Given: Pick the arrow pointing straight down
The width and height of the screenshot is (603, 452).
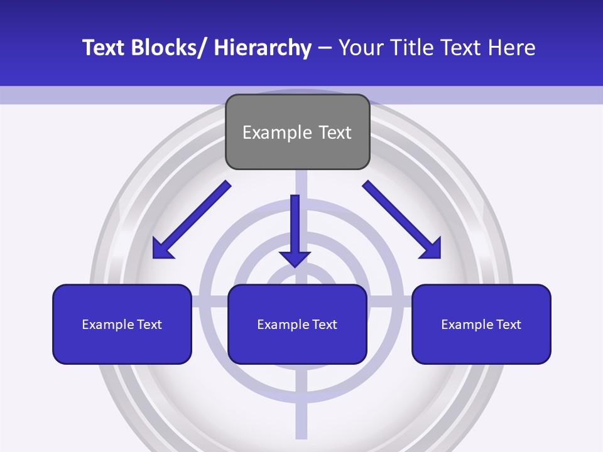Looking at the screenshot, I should click(295, 226).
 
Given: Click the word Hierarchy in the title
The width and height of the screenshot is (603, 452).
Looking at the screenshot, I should click(263, 48).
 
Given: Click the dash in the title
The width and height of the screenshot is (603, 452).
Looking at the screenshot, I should click(325, 48).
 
